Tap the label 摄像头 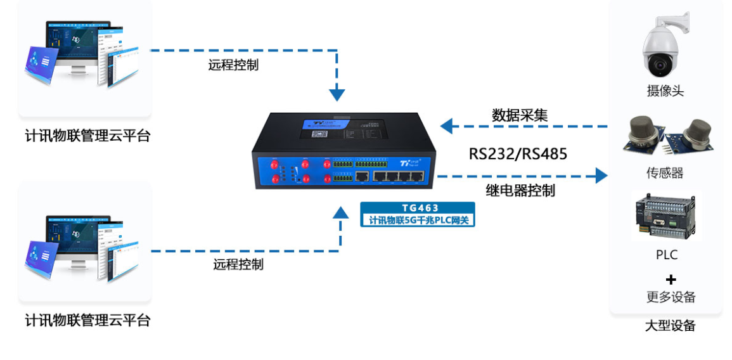tap(665, 91)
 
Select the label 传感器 tap(665, 173)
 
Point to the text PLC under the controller tap(667, 255)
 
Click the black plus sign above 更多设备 tap(671, 280)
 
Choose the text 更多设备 tap(671, 297)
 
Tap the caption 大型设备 tap(671, 326)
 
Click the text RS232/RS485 tap(518, 154)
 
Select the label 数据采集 tap(520, 115)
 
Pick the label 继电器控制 tap(520, 191)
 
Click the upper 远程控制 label tap(233, 65)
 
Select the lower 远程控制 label tap(238, 264)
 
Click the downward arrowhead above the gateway tap(338, 95)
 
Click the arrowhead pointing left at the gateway tap(447, 125)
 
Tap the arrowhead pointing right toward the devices tap(601, 176)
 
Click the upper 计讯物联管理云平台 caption tap(87, 136)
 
